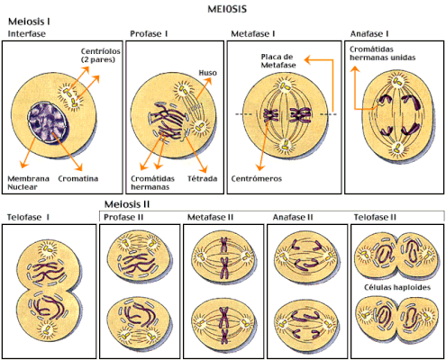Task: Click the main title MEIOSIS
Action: pyautogui.click(x=227, y=9)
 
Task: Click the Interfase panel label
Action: pyautogui.click(x=27, y=33)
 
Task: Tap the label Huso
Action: pyautogui.click(x=207, y=73)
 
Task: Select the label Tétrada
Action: pyautogui.click(x=202, y=178)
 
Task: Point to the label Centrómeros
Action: pyautogui.click(x=257, y=179)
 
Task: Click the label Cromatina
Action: pyautogui.click(x=78, y=178)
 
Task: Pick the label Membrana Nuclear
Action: pyautogui.click(x=28, y=183)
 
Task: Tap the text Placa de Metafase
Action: pyautogui.click(x=278, y=61)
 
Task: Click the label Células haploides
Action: pyautogui.click(x=397, y=287)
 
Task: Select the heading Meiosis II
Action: pyautogui.click(x=127, y=204)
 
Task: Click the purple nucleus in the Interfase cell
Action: pyautogui.click(x=49, y=122)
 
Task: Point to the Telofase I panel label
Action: pyautogui.click(x=28, y=217)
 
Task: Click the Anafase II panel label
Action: pyautogui.click(x=293, y=217)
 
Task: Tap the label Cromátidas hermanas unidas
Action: pyautogui.click(x=382, y=53)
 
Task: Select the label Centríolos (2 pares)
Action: pyautogui.click(x=100, y=55)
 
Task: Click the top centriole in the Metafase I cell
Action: pyautogui.click(x=284, y=87)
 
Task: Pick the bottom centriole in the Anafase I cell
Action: pyautogui.click(x=397, y=147)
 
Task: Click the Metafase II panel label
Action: pyautogui.click(x=210, y=217)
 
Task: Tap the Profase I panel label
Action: pyautogui.click(x=149, y=33)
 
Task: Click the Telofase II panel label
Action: pyautogui.click(x=375, y=217)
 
